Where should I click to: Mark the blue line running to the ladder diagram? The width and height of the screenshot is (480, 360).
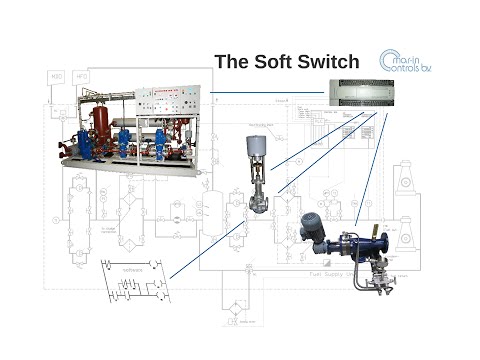[x=205, y=249]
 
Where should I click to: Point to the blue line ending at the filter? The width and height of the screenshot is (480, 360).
[x=370, y=170]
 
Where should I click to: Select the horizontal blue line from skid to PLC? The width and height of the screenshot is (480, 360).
[x=266, y=94]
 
